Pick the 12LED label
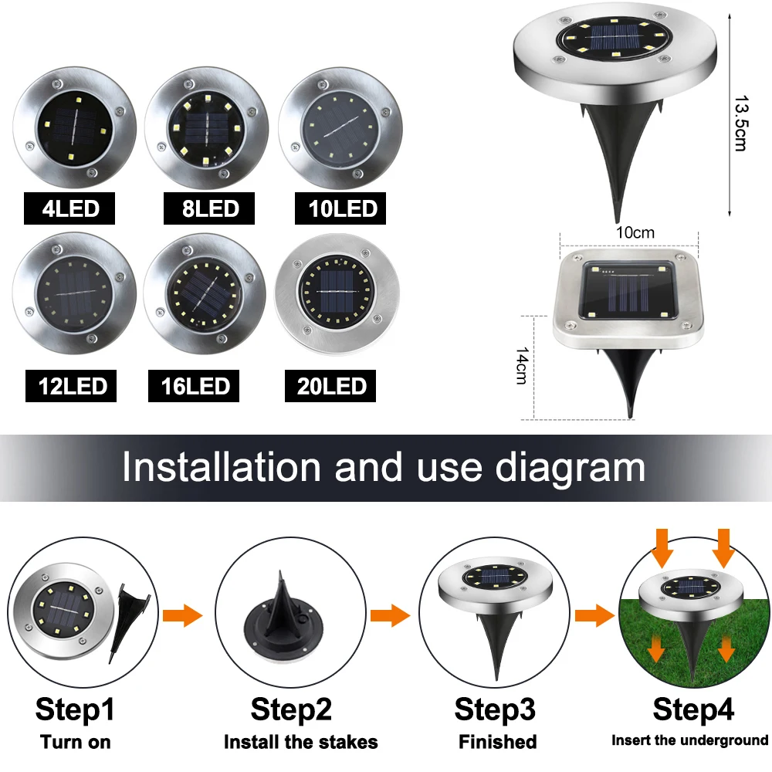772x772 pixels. pos(70,385)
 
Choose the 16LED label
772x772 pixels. pos(195,385)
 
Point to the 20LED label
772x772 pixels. pos(330,385)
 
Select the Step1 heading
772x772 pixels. pos(75,709)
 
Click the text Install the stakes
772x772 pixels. pos(301,743)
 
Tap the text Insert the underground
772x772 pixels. pos(690,740)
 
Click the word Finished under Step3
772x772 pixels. pos(497,743)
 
